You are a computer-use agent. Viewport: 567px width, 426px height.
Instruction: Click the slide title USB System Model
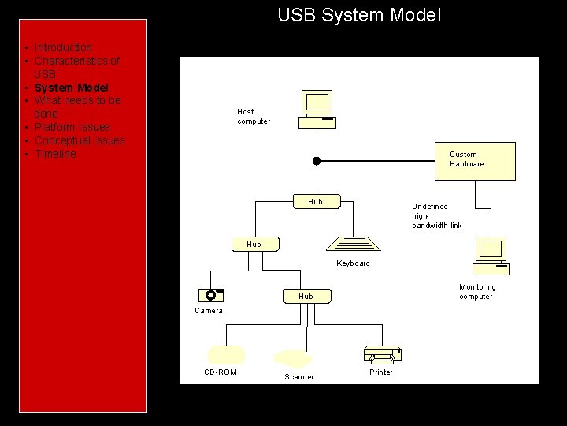coord(359,15)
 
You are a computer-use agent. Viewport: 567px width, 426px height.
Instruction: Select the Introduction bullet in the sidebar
coord(63,47)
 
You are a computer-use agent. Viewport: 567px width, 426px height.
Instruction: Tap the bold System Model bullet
coord(71,88)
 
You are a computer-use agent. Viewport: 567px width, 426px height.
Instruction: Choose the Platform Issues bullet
coord(72,127)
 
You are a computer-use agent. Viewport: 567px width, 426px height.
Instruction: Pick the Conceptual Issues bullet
coord(79,140)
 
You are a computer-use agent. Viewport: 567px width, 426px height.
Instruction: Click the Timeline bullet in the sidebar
coord(55,154)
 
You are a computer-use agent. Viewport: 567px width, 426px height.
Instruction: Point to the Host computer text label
coord(253,117)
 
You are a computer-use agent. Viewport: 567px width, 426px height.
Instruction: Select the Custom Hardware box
coord(475,160)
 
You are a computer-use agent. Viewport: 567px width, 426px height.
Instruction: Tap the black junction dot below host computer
coord(317,161)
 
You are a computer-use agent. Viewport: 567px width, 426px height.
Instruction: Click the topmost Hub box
coord(315,202)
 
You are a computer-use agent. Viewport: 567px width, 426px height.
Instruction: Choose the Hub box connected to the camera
coord(254,245)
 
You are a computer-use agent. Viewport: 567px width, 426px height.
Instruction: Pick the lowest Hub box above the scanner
coord(306,297)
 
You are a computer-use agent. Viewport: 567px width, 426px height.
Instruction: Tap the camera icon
coord(210,295)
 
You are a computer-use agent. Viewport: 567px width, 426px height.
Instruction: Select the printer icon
coord(383,354)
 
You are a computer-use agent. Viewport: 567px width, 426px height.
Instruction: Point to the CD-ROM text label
coord(220,372)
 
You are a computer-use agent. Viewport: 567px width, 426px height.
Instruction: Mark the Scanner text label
coord(299,377)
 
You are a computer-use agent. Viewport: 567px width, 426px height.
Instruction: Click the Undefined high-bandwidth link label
coord(436,216)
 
